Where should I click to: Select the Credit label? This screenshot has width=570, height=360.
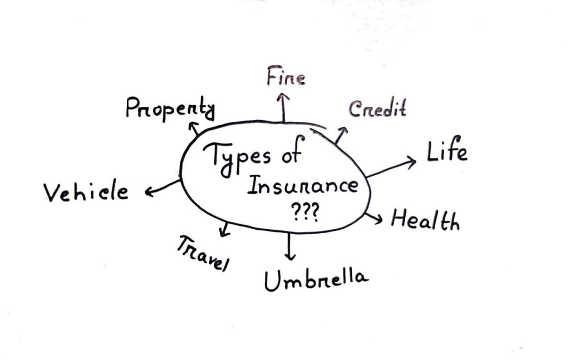tap(377, 109)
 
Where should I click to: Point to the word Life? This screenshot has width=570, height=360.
tap(447, 151)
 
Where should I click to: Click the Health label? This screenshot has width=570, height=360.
tap(425, 220)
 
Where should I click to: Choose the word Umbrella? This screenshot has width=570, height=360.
tap(316, 280)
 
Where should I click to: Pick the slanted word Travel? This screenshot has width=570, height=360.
tap(203, 253)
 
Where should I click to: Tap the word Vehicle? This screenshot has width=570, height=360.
tap(86, 193)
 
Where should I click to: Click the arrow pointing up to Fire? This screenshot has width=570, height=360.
tap(284, 107)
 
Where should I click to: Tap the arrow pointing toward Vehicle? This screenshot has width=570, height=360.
tap(163, 187)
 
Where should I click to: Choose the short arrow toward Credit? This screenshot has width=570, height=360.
tap(341, 135)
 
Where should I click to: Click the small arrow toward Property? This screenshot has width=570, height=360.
tap(195, 129)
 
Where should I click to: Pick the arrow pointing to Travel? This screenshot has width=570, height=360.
tap(224, 228)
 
